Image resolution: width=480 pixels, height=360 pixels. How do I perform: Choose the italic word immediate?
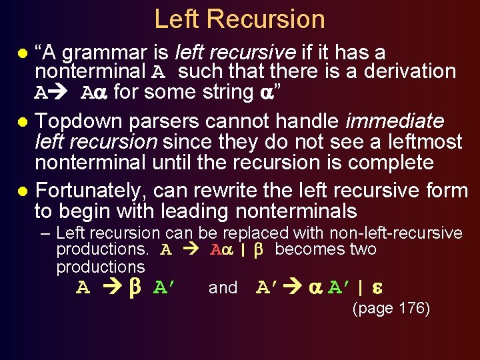point(395,121)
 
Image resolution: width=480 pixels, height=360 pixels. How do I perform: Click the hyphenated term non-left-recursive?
point(394,233)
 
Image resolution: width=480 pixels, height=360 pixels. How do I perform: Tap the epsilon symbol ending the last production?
point(375,287)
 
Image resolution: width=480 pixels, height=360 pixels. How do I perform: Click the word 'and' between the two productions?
point(223,288)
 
